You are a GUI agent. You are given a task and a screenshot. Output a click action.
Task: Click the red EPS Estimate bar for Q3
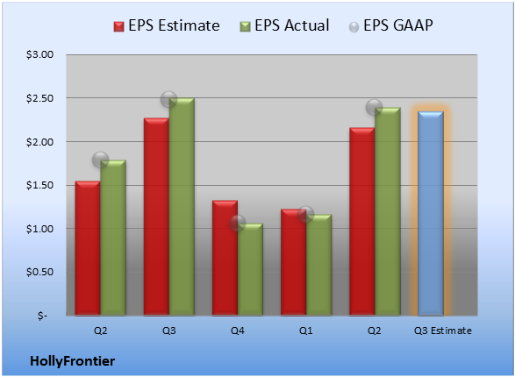point(156,217)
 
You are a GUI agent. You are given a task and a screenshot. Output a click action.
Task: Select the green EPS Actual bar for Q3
point(182,207)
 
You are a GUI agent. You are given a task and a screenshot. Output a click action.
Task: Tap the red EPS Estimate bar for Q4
point(225,258)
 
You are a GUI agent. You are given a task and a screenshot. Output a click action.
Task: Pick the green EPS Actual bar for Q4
point(250,269)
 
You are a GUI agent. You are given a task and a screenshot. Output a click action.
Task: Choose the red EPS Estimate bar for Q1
point(293,262)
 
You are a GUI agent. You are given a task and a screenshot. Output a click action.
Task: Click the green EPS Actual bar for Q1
point(318,265)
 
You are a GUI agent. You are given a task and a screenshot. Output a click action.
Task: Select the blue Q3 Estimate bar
point(431,214)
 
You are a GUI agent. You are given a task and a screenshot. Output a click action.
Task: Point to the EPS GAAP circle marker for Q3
point(168,99)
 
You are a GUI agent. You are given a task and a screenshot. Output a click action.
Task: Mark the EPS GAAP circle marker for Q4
point(237,223)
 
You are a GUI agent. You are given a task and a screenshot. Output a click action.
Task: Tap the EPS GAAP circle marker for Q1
point(306,214)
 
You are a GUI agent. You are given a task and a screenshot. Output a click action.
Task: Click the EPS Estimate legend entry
point(167,25)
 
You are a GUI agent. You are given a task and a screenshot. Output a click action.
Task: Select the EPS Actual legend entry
point(284,25)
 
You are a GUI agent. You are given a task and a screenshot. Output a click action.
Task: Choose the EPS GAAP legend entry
point(390,25)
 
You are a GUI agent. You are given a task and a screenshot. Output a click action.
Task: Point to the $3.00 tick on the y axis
point(39,54)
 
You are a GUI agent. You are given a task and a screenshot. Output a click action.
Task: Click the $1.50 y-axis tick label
point(39,185)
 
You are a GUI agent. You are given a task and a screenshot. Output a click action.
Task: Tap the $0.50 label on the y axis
point(39,272)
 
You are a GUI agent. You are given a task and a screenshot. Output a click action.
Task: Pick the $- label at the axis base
point(42,316)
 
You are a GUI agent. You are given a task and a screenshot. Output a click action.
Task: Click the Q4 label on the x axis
point(238,331)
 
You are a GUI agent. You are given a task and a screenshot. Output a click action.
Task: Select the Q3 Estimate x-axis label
point(443,331)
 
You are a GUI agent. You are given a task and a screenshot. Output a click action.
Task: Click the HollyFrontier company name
point(73,361)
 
